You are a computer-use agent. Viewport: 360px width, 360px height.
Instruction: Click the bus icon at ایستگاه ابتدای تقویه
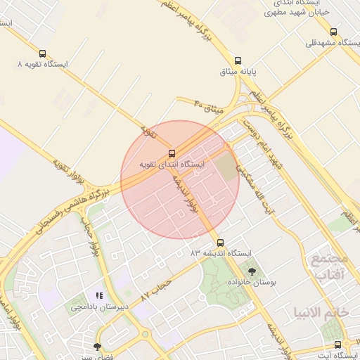(172, 153)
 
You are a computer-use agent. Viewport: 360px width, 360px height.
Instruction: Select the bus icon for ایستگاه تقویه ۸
(43, 53)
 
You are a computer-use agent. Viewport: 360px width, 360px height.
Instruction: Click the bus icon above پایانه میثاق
(238, 60)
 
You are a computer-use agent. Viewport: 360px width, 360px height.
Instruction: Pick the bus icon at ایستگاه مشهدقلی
(333, 32)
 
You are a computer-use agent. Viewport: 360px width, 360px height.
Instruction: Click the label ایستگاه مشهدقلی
(330, 43)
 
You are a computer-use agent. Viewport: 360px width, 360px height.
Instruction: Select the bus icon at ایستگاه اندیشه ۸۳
(220, 240)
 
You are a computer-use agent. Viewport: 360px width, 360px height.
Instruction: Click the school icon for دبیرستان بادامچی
(100, 296)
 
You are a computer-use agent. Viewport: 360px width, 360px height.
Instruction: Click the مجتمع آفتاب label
(327, 266)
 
